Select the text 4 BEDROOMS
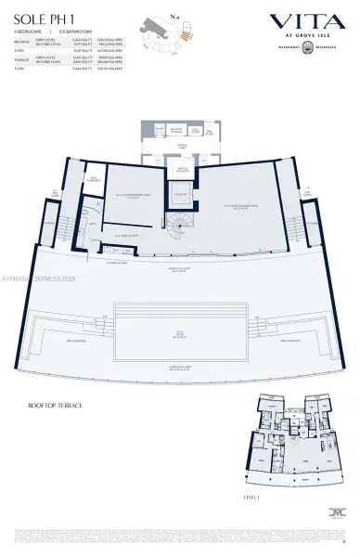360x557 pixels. (x=28, y=33)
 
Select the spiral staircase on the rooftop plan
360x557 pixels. (x=175, y=224)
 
